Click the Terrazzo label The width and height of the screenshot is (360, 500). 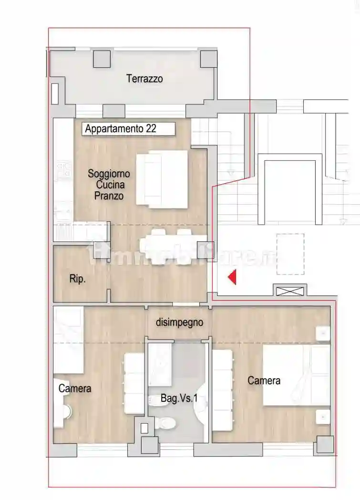(x=144, y=79)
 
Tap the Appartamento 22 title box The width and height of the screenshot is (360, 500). (x=128, y=128)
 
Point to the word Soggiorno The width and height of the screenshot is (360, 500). (x=109, y=174)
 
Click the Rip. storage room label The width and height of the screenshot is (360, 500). (x=78, y=280)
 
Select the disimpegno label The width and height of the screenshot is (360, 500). (x=179, y=323)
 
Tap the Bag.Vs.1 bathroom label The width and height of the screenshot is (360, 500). (x=179, y=398)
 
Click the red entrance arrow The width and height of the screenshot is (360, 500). (x=232, y=277)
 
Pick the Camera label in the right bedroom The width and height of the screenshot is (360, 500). (x=264, y=381)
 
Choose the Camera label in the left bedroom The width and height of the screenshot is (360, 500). (x=75, y=388)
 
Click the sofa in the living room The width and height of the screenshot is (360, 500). (x=162, y=179)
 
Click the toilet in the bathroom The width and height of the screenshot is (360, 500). (x=166, y=422)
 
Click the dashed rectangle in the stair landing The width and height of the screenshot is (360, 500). (x=290, y=254)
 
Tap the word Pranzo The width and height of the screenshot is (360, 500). (x=109, y=196)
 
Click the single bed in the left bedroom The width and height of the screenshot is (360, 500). (x=68, y=340)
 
